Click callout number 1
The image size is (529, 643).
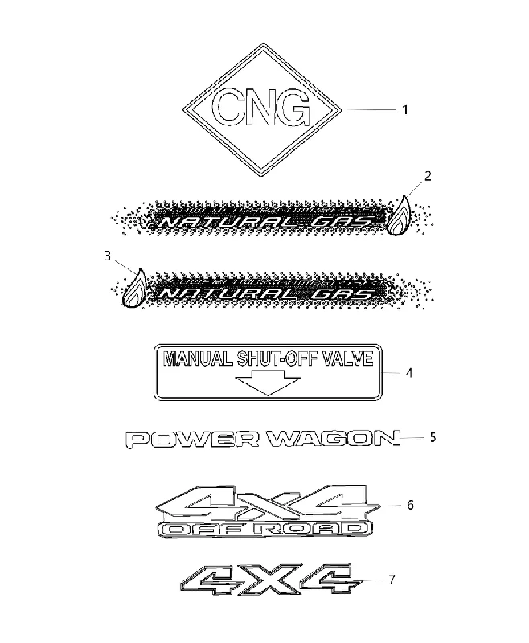click(x=404, y=110)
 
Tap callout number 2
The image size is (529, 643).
click(x=428, y=176)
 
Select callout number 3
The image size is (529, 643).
click(x=108, y=256)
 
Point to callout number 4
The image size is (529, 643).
click(x=409, y=373)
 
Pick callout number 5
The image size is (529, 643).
click(x=433, y=437)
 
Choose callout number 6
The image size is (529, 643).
click(x=411, y=505)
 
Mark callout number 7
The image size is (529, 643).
click(x=392, y=580)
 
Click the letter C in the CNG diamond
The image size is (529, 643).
click(x=228, y=108)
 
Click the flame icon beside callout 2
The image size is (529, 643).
click(x=399, y=215)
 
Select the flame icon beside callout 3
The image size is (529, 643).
click(x=134, y=288)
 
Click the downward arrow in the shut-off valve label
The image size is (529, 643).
click(x=269, y=383)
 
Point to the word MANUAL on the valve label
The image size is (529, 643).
click(x=197, y=358)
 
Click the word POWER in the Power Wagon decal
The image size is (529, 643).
click(x=193, y=439)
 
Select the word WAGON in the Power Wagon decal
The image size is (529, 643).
click(x=334, y=438)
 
